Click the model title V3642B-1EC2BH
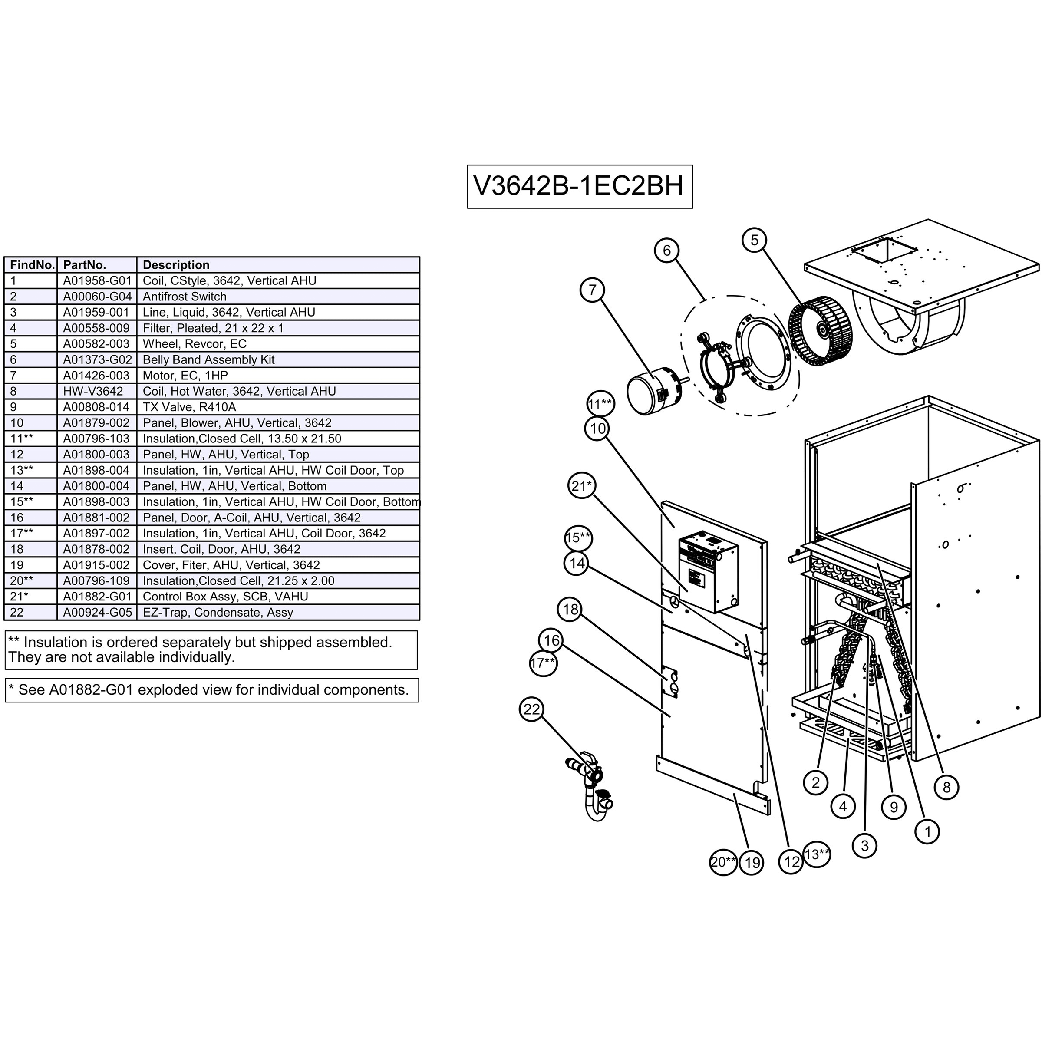[579, 186]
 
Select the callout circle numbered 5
[754, 240]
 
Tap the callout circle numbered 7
[592, 290]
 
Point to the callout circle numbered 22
[531, 709]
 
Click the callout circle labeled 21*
[581, 486]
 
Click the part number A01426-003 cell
[96, 376]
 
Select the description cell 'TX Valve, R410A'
[189, 407]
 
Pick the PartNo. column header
[85, 265]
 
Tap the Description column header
[176, 265]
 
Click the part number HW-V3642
[93, 391]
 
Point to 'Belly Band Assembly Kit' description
[209, 360]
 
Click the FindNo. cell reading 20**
[22, 581]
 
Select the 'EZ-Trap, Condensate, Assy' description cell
[218, 612]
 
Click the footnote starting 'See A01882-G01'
[212, 690]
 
